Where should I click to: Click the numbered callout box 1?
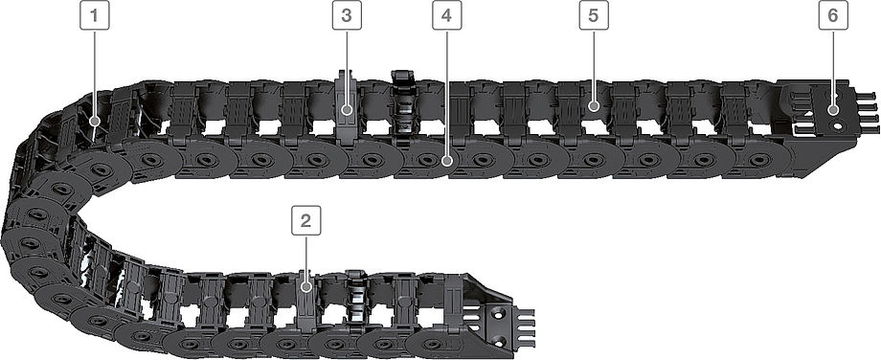coord(95,15)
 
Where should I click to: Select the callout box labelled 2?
coord(305,220)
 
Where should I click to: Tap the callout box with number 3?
coord(347,15)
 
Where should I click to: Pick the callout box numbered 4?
coord(446,15)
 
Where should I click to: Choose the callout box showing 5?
coord(594,15)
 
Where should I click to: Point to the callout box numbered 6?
coord(833,15)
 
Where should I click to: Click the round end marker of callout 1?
coord(95,121)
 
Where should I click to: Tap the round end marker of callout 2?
coord(305,287)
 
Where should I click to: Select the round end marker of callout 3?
coord(347,109)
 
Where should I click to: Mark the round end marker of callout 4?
coord(446,161)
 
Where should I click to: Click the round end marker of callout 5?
coord(594,105)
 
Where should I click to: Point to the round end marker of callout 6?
coord(833,109)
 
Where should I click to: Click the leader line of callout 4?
coord(446,93)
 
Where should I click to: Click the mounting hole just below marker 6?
coord(838,126)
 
